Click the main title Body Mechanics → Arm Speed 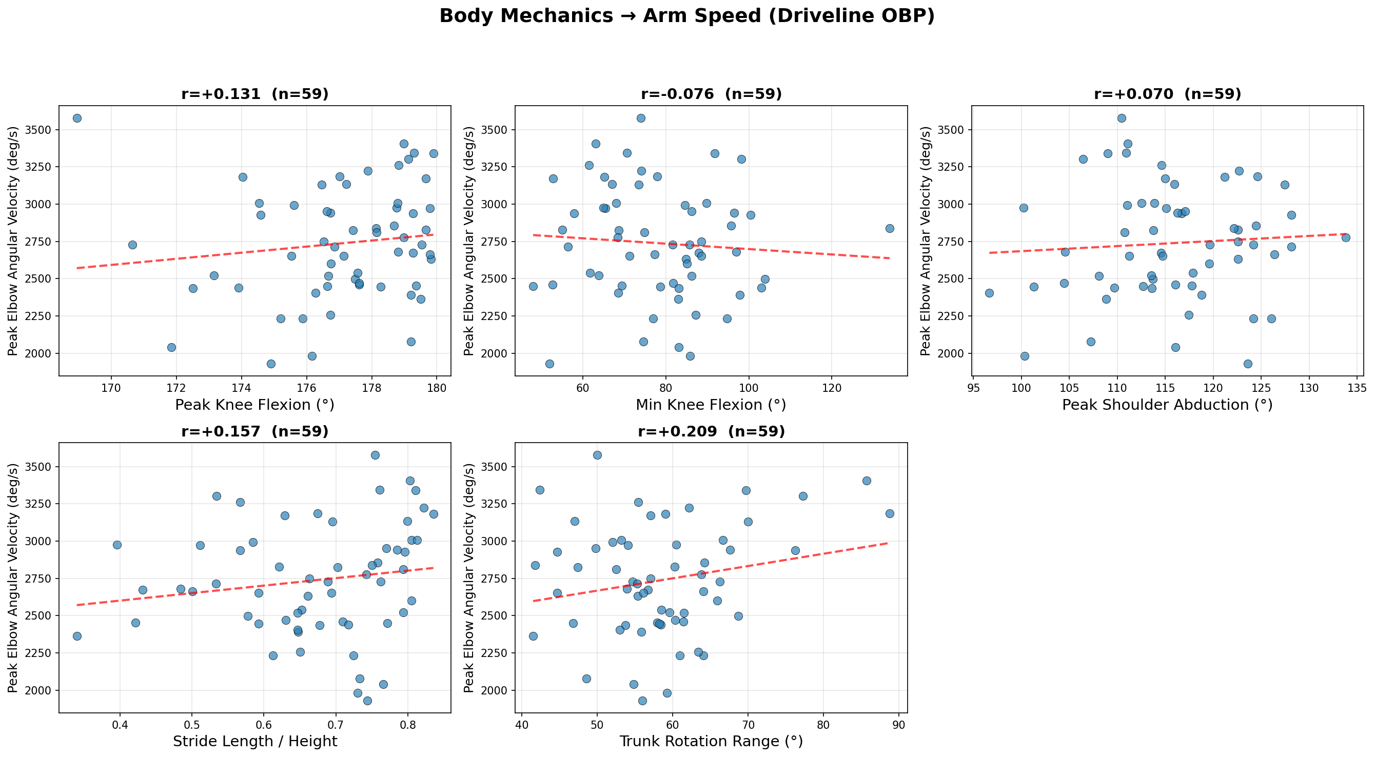click(687, 16)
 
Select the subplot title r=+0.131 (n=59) click(254, 94)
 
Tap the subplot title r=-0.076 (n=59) click(711, 94)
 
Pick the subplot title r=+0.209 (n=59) click(711, 431)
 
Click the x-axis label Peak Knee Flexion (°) click(254, 405)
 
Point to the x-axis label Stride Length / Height click(254, 742)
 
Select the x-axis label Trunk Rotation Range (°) click(711, 742)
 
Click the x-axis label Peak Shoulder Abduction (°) click(1167, 405)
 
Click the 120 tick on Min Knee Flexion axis click(832, 387)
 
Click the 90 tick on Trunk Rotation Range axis click(899, 725)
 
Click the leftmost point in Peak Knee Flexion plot click(77, 118)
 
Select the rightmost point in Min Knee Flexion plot click(889, 228)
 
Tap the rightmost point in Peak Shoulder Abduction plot click(1346, 237)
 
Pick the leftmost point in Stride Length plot click(77, 636)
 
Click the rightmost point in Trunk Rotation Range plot click(889, 514)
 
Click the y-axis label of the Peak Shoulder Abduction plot click(926, 241)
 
